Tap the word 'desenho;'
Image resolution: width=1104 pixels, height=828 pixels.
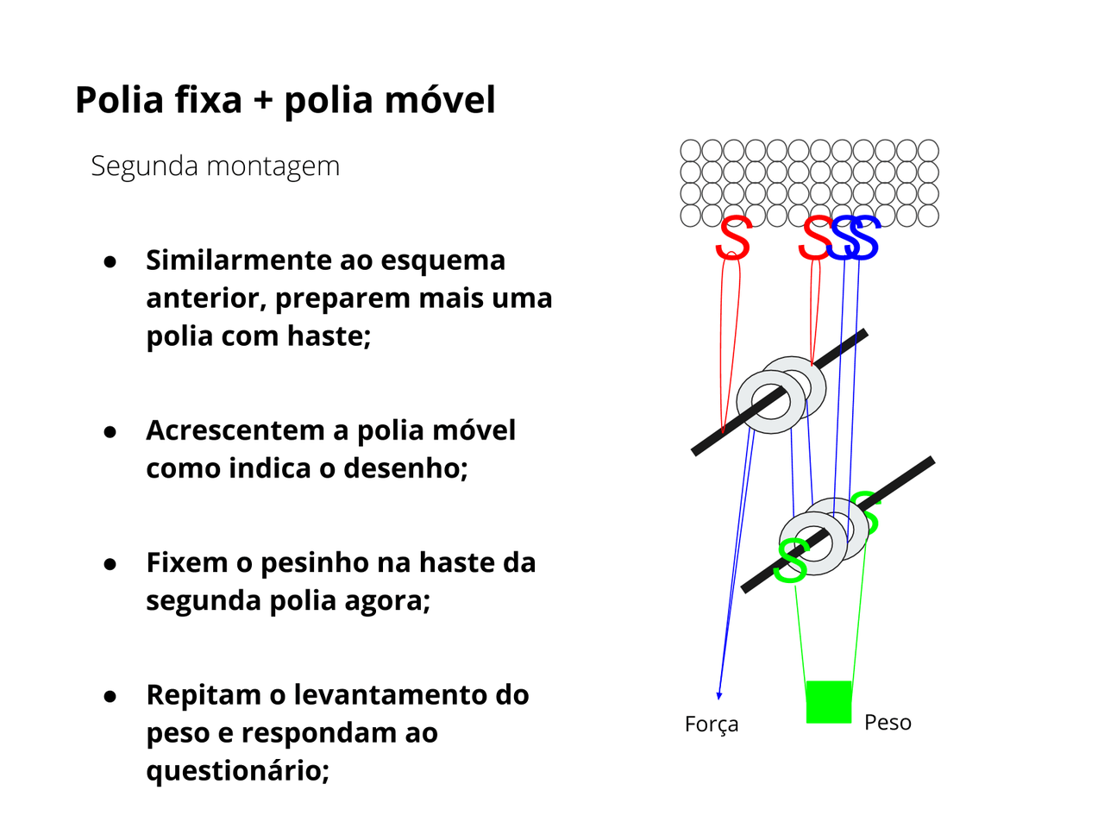point(405,467)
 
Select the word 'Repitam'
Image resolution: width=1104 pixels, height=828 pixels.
point(203,695)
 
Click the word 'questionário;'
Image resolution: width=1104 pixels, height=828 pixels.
point(238,770)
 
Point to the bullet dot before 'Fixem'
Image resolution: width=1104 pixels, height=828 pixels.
point(110,564)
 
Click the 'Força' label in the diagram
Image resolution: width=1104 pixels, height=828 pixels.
point(712,724)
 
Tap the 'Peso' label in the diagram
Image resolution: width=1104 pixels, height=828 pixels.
point(888,722)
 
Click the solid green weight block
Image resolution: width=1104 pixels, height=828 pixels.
point(829,702)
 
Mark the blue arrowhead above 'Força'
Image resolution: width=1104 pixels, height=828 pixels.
point(718,695)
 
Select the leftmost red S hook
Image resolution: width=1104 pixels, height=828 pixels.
point(733,238)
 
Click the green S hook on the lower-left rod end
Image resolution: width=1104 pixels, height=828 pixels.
point(790,561)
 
